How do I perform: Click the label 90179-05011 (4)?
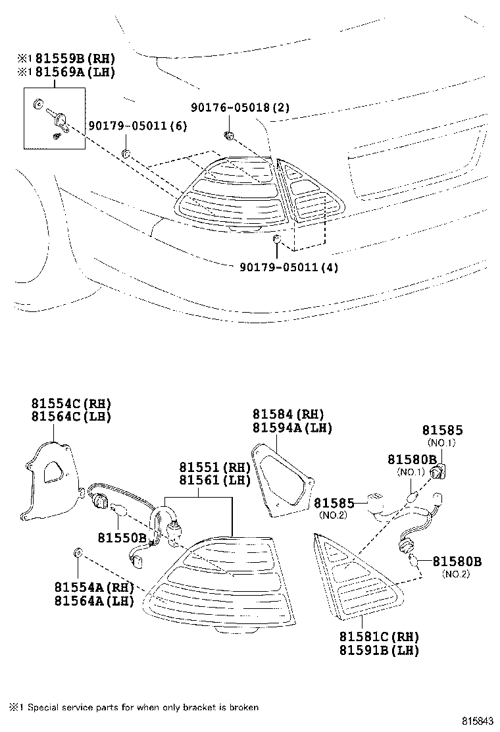pos(284,267)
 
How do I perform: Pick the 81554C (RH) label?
pos(71,404)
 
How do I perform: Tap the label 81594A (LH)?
pos(292,428)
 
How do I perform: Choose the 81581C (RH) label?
pos(379,637)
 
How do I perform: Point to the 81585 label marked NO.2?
pos(334,504)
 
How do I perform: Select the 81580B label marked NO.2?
pos(457,562)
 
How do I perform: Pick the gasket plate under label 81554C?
pos(50,477)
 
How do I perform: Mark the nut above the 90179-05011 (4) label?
pos(277,238)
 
